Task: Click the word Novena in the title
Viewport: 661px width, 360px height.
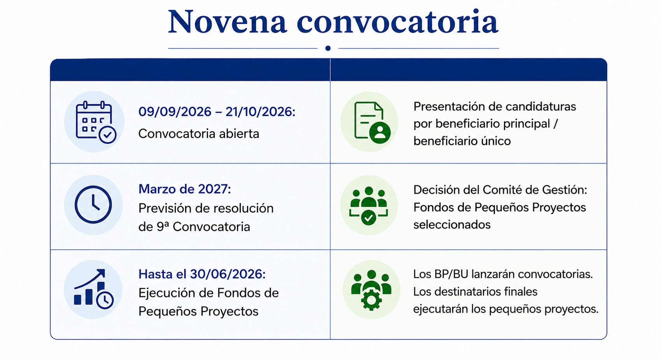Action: [x=227, y=22]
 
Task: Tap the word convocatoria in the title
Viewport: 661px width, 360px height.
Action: [x=398, y=21]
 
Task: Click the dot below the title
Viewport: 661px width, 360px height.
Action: [x=328, y=48]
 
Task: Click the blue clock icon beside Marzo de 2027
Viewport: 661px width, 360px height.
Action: [x=93, y=204]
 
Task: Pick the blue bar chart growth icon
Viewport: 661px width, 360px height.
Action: [x=93, y=289]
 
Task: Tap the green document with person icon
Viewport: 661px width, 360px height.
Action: [x=372, y=122]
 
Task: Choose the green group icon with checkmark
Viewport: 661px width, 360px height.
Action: [x=368, y=206]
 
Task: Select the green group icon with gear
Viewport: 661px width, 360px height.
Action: [x=371, y=290]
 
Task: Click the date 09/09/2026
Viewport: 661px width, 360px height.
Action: [x=175, y=112]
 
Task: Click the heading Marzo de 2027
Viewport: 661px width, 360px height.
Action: [x=184, y=189]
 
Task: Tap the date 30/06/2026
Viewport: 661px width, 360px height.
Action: [x=228, y=274]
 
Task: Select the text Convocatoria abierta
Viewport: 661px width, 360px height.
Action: [x=198, y=134]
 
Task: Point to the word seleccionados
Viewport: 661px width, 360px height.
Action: [x=452, y=225]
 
